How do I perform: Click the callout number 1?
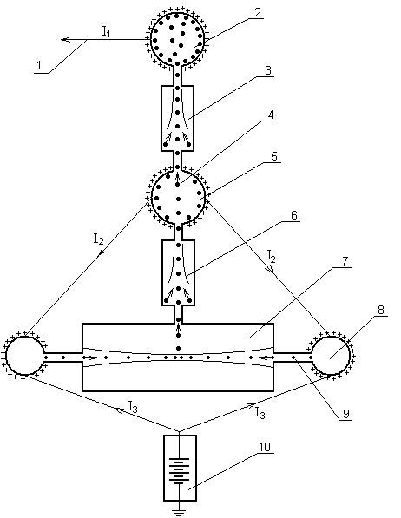pyautogui.click(x=39, y=65)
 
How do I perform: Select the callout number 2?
pyautogui.click(x=258, y=12)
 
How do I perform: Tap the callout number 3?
pyautogui.click(x=268, y=70)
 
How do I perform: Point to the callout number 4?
pyautogui.click(x=271, y=115)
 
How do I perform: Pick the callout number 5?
pyautogui.click(x=274, y=156)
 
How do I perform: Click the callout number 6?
pyautogui.click(x=294, y=215)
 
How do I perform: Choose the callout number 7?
pyautogui.click(x=345, y=261)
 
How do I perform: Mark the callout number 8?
pyautogui.click(x=381, y=310)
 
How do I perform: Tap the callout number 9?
pyautogui.click(x=346, y=414)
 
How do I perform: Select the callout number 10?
pyautogui.click(x=265, y=447)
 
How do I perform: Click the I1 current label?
pyautogui.click(x=106, y=32)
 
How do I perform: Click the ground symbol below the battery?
pyautogui.click(x=179, y=512)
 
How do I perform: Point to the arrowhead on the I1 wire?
pyautogui.click(x=65, y=40)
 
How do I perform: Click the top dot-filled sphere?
pyautogui.click(x=177, y=39)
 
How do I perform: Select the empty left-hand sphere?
pyautogui.click(x=25, y=356)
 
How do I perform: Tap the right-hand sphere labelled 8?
pyautogui.click(x=330, y=356)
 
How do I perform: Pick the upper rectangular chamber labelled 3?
pyautogui.click(x=178, y=118)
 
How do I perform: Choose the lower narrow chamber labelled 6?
pyautogui.click(x=178, y=272)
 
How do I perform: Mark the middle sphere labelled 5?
pyautogui.click(x=178, y=197)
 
